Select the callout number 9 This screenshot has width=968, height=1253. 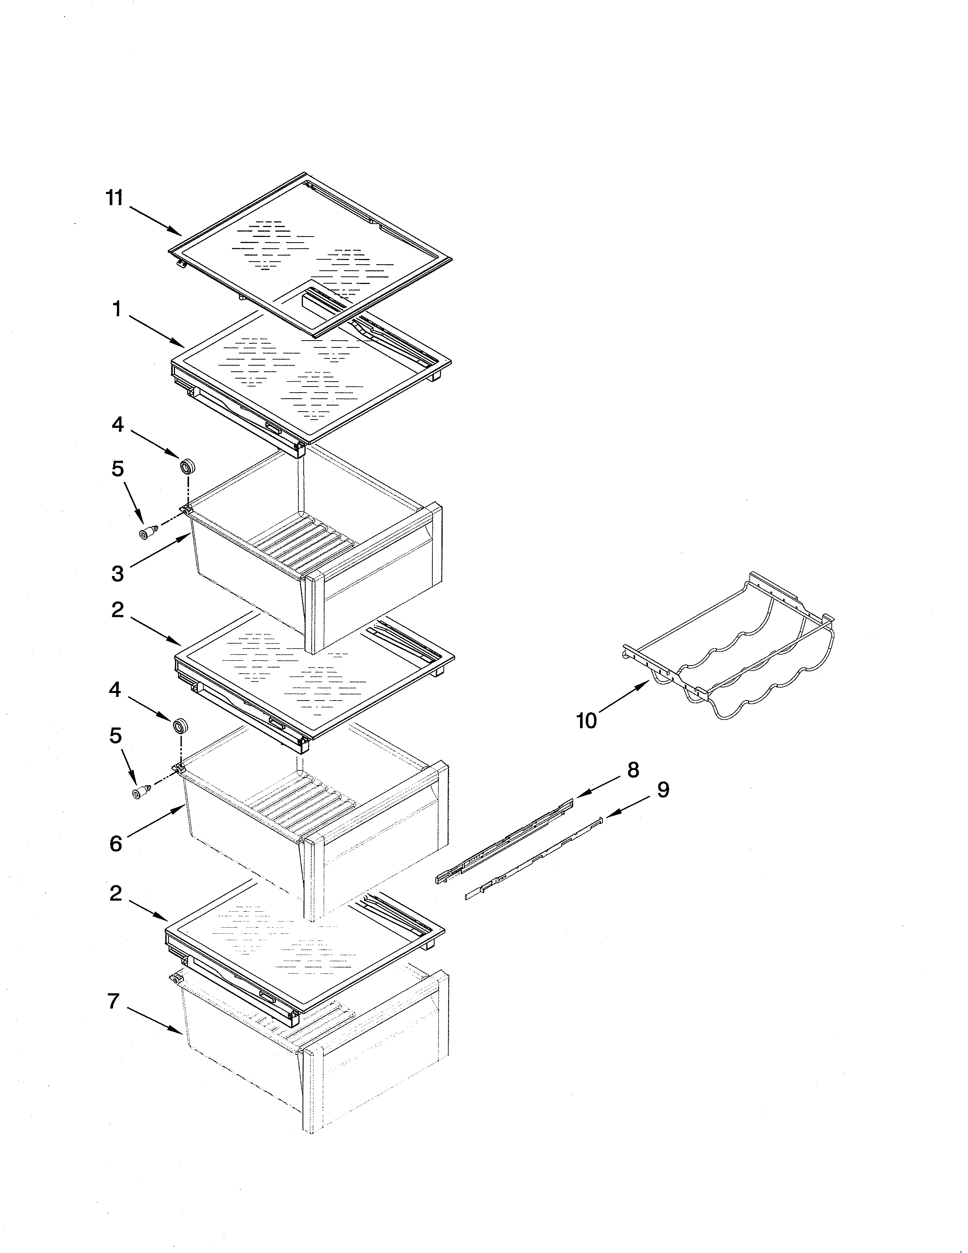[663, 790]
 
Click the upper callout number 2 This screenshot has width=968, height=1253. [117, 609]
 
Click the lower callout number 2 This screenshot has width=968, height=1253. [116, 893]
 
